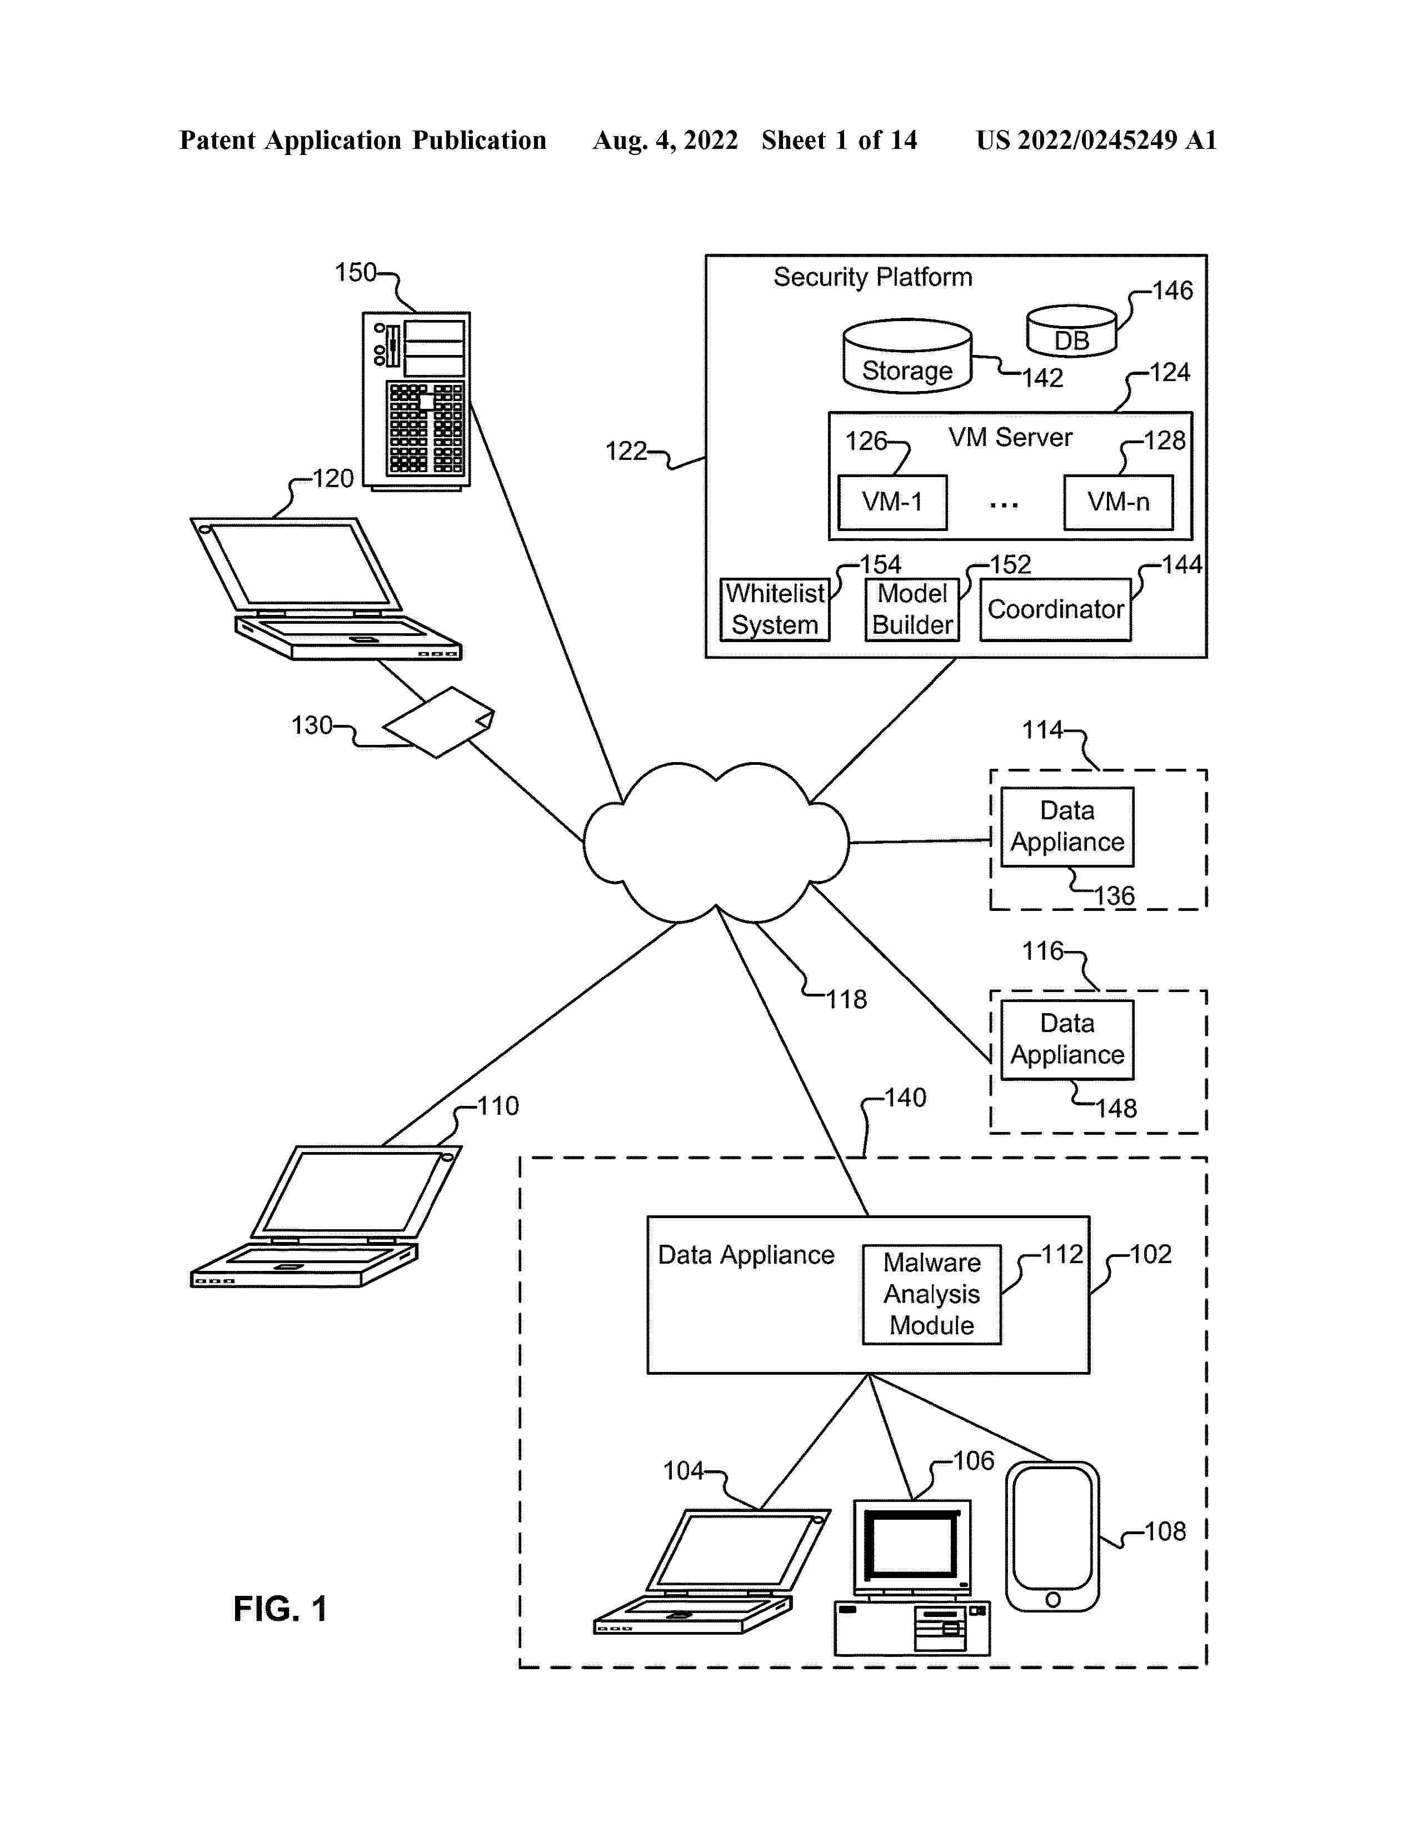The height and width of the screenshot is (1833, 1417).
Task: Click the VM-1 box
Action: pos(892,502)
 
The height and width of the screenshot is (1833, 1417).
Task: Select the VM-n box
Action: pos(1118,502)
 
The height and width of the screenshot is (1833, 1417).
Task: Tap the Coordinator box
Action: pos(1055,609)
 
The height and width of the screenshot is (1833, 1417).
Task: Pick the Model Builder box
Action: pos(912,609)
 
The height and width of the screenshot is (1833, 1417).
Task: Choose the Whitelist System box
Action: pos(775,609)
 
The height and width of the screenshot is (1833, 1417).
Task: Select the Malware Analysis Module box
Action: pos(932,1293)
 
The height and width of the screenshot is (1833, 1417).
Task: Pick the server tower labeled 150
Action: pos(416,401)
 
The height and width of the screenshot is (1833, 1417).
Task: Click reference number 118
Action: pos(846,1000)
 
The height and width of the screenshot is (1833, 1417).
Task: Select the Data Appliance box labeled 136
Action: pos(1067,827)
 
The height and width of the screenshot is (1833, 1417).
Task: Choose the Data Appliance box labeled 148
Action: pos(1067,1039)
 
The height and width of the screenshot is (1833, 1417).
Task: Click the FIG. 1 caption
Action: pos(280,1609)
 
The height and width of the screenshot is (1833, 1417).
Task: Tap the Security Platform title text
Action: pos(872,277)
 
